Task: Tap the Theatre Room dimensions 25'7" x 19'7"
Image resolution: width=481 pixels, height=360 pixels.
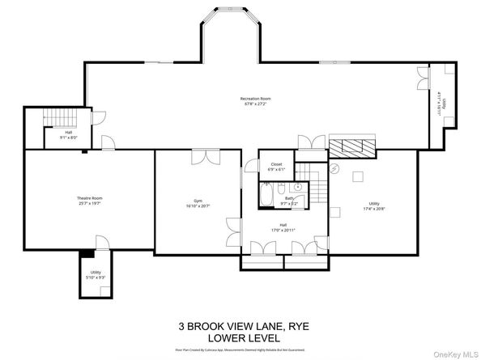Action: (90, 203)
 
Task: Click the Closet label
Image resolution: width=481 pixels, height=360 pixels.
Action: (276, 164)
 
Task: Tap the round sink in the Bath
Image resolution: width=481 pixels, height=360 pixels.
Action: (299, 197)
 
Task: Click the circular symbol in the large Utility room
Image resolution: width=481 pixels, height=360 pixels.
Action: (334, 167)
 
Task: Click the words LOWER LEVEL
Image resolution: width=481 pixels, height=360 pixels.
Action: (243, 337)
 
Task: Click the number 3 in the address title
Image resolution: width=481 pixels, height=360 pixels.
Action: (182, 327)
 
